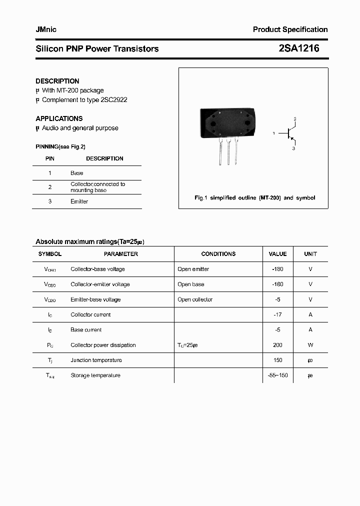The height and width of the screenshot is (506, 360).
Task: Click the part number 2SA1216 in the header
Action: pos(298,48)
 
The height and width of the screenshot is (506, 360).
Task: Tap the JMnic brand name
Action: pos(46,29)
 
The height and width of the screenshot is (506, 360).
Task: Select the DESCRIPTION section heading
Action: pos(57,81)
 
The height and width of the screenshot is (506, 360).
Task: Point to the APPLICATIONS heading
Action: pos(59,118)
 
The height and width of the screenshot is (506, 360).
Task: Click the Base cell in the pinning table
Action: pos(77,173)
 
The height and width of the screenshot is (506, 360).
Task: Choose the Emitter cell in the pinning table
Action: pos(79,201)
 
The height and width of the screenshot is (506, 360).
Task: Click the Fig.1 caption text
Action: pos(254,198)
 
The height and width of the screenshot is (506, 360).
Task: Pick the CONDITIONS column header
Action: pos(218,254)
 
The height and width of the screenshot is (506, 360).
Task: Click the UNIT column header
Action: pos(310,254)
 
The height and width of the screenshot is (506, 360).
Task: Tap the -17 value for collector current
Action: pos(278,314)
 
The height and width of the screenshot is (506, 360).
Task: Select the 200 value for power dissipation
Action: pos(278,345)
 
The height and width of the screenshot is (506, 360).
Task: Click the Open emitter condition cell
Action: pos(193,269)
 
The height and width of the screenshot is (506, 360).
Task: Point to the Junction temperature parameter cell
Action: pos(96,360)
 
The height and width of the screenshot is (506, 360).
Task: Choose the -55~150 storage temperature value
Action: pos(278,375)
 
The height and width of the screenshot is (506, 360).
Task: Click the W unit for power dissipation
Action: pos(310,345)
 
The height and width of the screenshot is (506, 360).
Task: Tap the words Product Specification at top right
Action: pos(290,29)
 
